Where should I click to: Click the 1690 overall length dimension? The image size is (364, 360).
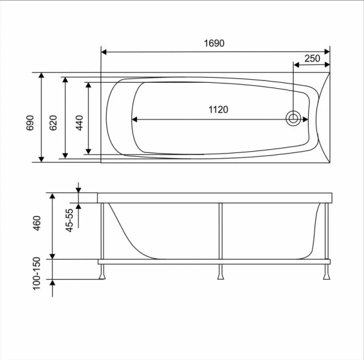tap(214, 44)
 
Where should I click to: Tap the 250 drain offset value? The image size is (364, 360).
tap(312, 58)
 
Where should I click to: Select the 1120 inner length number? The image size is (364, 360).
tap(218, 109)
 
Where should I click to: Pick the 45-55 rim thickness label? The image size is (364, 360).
tap(70, 220)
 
